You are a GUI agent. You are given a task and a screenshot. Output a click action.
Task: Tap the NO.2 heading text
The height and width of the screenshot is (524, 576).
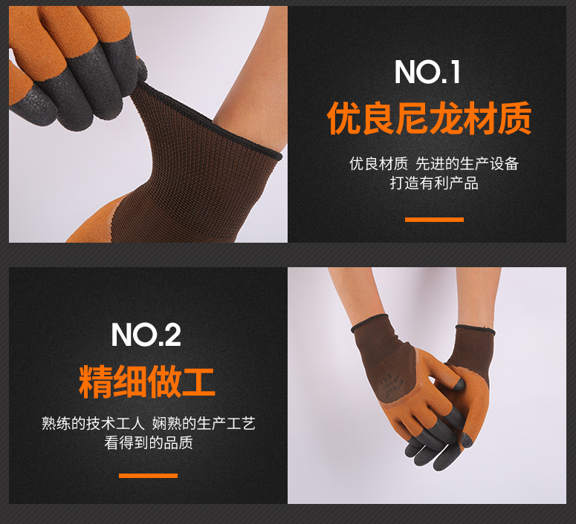146,335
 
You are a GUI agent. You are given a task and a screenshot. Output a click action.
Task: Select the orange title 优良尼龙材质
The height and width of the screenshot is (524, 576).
429,119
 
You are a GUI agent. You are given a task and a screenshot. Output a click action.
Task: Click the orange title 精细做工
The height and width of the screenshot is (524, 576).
146,381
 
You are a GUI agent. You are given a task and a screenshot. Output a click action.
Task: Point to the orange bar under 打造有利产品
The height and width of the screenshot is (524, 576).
434,220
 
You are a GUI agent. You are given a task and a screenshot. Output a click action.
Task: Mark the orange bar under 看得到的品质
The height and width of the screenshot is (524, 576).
148,475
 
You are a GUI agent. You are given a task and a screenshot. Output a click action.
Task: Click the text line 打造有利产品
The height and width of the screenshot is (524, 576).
434,183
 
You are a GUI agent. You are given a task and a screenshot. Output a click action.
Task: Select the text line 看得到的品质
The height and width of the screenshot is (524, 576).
148,443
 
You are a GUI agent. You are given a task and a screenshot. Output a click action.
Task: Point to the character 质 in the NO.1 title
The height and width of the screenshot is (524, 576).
514,119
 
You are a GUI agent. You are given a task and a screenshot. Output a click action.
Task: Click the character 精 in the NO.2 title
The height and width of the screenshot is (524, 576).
95,381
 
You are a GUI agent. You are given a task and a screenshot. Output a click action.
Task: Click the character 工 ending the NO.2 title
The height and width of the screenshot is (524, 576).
198,381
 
